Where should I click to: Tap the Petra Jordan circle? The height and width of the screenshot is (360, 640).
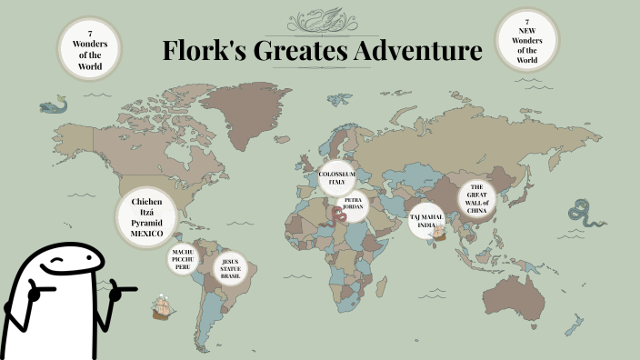pos(354,204)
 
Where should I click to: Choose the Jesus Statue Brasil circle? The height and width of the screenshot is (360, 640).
pos(230,268)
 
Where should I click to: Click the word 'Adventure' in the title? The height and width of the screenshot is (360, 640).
pos(416,52)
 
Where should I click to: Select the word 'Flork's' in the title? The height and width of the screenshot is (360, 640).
pos(203,52)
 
